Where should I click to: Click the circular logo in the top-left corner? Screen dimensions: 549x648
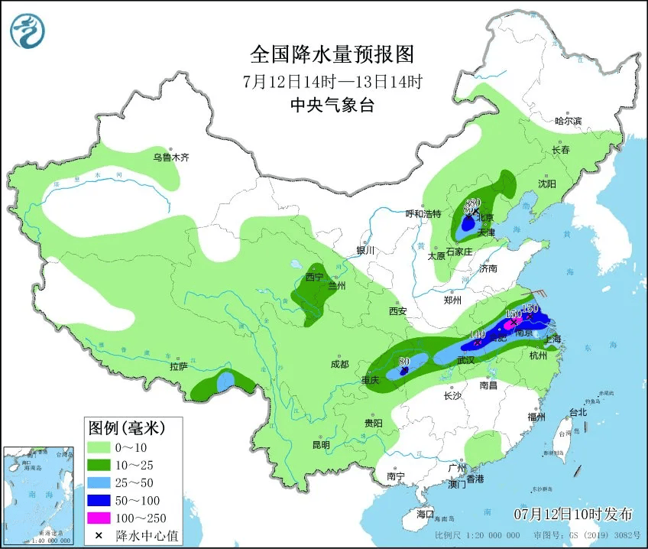(28, 31)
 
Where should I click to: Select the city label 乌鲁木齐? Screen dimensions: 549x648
(170, 158)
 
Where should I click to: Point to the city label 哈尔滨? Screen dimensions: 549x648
(568, 121)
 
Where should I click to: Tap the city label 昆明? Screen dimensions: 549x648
(321, 445)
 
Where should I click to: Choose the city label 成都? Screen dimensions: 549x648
(339, 365)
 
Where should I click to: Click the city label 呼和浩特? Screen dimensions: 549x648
(423, 214)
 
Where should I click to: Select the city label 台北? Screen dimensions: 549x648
(578, 412)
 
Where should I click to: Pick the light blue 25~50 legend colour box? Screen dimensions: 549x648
(100, 481)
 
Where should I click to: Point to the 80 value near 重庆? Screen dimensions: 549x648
(404, 361)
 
